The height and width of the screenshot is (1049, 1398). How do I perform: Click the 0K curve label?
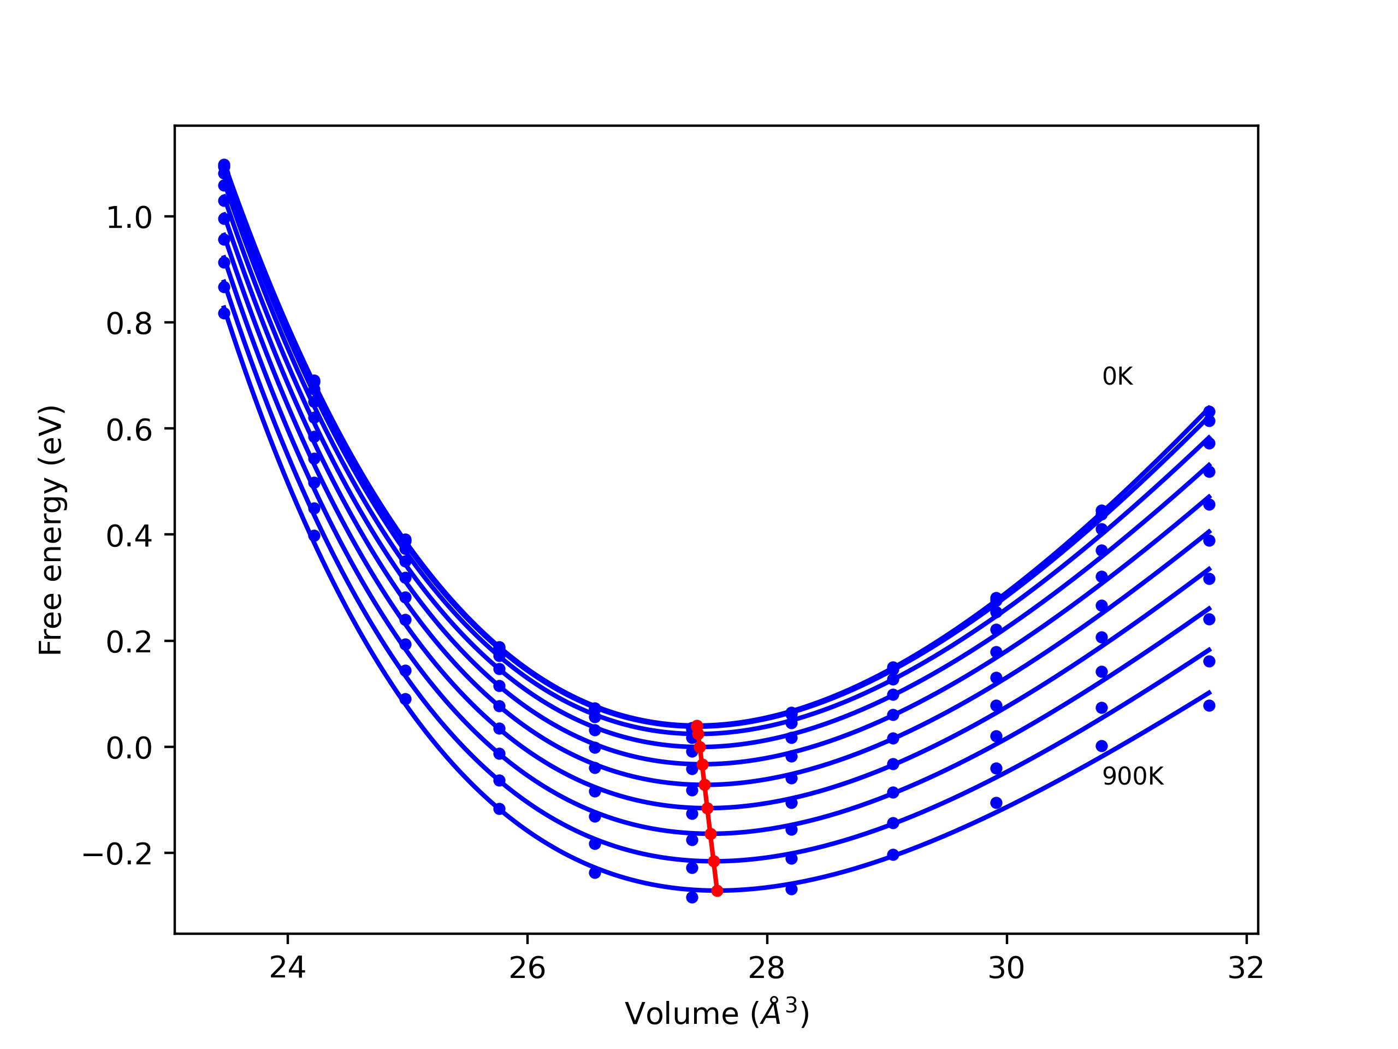pos(1117,377)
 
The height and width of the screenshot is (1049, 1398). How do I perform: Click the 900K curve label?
pos(1133,776)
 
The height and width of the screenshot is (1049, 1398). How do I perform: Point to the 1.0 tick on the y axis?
pos(129,218)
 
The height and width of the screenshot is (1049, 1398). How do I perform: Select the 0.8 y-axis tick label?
pos(129,324)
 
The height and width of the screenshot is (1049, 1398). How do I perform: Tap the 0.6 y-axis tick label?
pos(129,430)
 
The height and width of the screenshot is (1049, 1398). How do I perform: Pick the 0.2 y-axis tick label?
pos(129,643)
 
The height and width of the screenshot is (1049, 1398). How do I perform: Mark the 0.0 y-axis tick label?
pos(129,749)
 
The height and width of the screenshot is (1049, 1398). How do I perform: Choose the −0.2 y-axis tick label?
pos(117,855)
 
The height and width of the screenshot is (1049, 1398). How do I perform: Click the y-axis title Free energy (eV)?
pos(51,530)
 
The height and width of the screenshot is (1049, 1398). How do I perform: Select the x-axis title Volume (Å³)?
pos(716,1013)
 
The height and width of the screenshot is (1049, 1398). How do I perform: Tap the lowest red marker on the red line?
pos(716,891)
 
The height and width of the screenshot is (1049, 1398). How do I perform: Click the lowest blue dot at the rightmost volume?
pos(1209,706)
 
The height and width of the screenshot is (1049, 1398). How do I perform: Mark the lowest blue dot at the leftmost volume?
pos(224,313)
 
